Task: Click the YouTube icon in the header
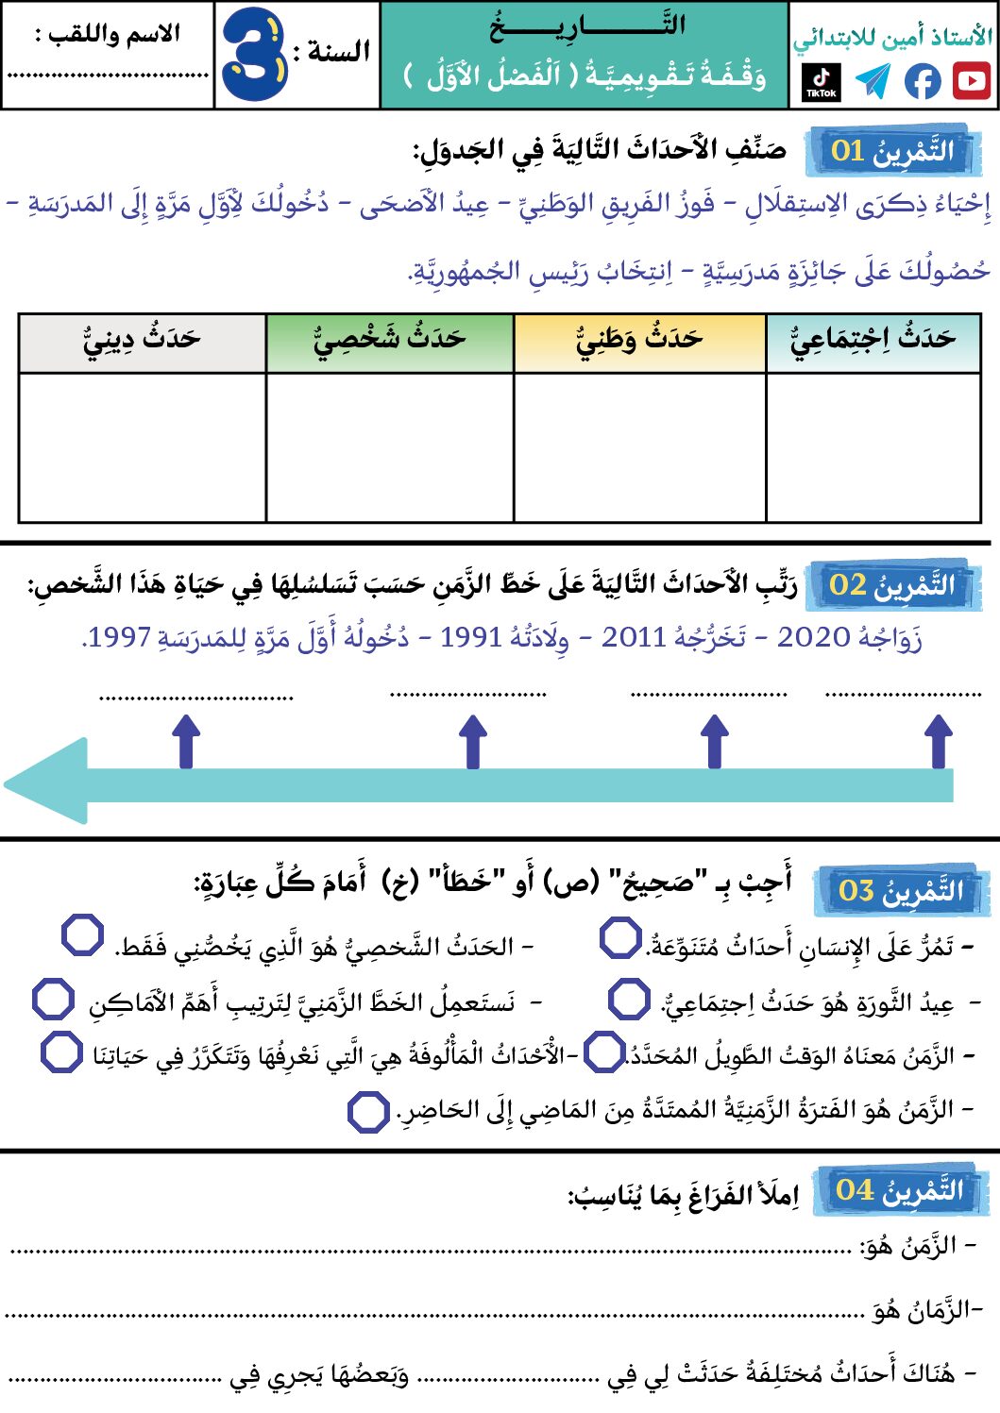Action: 971,81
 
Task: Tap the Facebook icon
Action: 923,81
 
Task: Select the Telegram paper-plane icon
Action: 873,81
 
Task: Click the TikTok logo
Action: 822,81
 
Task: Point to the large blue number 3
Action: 254,55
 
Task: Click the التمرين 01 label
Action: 892,151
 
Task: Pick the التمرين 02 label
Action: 892,585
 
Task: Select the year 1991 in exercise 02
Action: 470,638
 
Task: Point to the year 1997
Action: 119,638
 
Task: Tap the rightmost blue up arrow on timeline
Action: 938,741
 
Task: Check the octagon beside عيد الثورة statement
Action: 629,999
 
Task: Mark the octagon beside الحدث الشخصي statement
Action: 82,935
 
